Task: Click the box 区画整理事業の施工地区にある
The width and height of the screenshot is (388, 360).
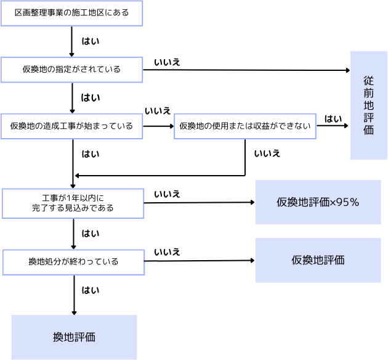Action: [x=71, y=12]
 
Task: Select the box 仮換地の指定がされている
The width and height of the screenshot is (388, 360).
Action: [x=73, y=70]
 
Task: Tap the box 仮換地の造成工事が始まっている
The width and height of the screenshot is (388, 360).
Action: [x=71, y=126]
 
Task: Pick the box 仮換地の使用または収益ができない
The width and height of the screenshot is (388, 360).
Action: [x=245, y=126]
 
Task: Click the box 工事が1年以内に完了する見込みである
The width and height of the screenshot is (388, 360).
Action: [x=73, y=203]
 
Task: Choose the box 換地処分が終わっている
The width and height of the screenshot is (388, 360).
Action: [x=73, y=261]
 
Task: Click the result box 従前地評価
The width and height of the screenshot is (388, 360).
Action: [x=368, y=105]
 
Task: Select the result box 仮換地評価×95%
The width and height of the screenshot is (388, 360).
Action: [x=318, y=202]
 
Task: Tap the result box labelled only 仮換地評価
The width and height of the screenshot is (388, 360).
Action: [x=318, y=260]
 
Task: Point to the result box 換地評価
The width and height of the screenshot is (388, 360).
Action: [x=74, y=337]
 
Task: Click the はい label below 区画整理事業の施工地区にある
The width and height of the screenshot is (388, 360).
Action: [x=91, y=41]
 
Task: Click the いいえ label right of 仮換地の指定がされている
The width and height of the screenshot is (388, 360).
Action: [x=167, y=62]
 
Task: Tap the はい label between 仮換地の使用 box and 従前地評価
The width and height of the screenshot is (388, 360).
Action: [x=333, y=118]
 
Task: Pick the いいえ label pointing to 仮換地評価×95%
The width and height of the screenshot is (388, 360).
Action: [x=167, y=194]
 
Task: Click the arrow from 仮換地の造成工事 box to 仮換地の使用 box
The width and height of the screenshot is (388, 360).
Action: [x=158, y=126]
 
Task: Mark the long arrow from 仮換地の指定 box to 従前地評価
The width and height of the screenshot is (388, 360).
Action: [x=246, y=70]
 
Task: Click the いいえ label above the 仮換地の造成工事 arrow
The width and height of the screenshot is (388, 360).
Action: [x=158, y=111]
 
